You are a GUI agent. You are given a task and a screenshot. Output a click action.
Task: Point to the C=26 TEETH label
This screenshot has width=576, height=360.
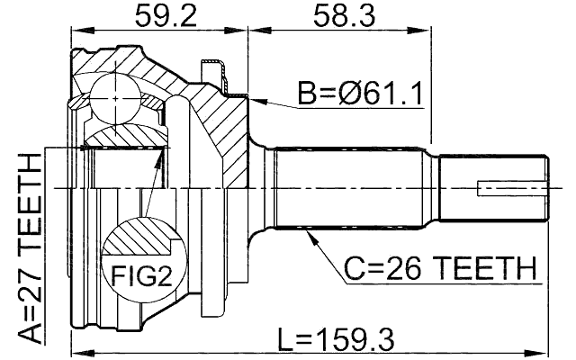coord(439,268)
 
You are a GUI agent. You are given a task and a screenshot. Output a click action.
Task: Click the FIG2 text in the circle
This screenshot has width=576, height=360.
coord(140,274)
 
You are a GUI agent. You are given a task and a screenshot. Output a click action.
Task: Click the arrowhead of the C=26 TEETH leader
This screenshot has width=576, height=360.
coord(308,233)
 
